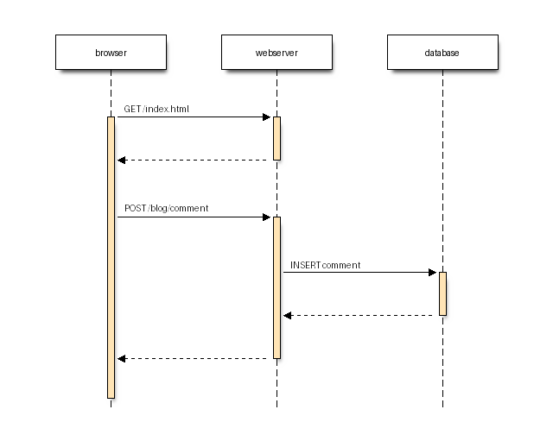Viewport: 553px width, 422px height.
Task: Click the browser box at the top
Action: (111, 53)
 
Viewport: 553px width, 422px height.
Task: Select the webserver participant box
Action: (276, 53)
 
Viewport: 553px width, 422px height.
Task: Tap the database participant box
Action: (442, 53)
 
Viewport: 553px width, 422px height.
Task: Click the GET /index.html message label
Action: (156, 109)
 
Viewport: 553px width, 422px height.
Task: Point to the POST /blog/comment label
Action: (166, 208)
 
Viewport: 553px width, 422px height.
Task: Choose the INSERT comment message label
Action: (326, 264)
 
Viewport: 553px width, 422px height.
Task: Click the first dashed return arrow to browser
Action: (194, 160)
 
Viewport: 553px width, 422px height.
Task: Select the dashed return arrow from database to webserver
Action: (363, 315)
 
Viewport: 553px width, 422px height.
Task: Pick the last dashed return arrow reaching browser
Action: (194, 358)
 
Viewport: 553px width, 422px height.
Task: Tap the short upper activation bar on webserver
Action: (276, 138)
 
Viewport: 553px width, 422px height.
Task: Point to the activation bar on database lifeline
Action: (442, 293)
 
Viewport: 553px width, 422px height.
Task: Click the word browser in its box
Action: (111, 54)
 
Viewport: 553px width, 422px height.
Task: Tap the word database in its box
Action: (442, 54)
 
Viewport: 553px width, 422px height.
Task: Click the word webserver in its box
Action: (276, 54)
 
